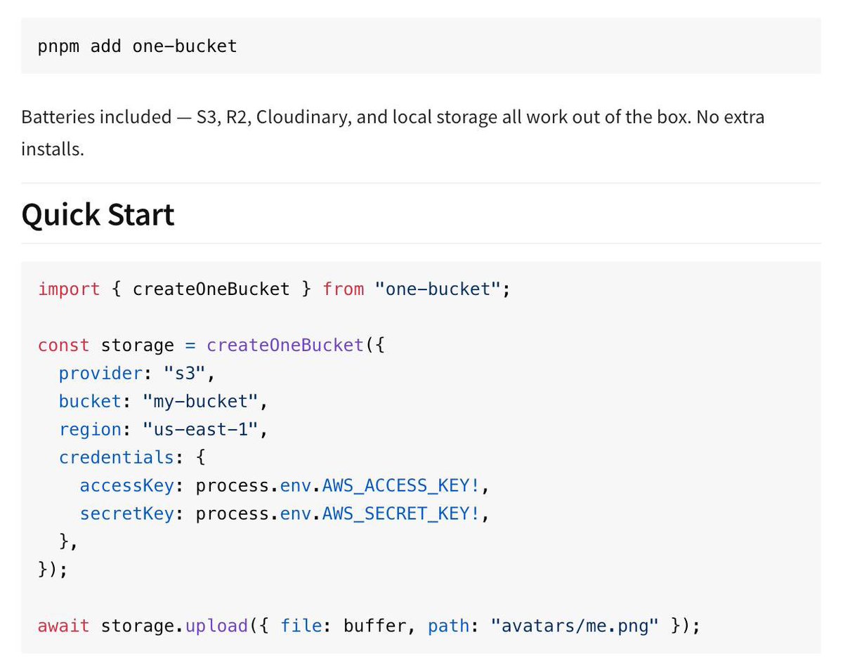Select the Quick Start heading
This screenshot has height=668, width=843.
tap(98, 214)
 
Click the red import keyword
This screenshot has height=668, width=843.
tap(69, 289)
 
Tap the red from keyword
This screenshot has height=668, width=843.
tap(343, 289)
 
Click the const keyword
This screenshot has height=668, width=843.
tap(63, 345)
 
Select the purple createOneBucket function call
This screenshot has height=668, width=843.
tap(285, 345)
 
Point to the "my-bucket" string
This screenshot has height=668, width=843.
tap(200, 401)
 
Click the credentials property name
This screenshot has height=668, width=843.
tap(116, 457)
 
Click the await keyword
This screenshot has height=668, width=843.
tap(63, 625)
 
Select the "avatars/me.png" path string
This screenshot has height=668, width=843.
tap(580, 625)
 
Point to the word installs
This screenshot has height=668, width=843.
tap(53, 149)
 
